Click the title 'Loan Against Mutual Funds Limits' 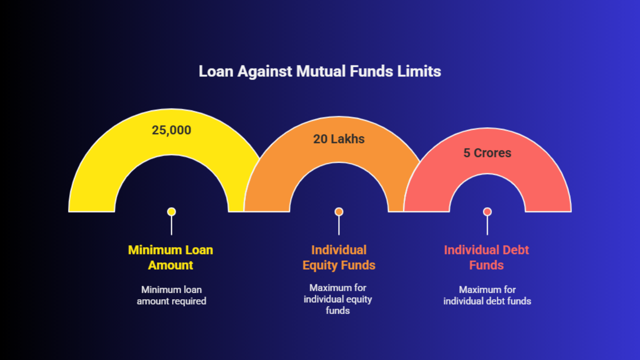click(320, 72)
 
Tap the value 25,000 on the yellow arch click(172, 130)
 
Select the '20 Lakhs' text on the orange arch click(339, 139)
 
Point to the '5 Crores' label click(487, 153)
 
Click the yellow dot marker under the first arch click(172, 212)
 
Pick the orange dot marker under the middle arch click(339, 212)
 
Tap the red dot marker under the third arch click(488, 212)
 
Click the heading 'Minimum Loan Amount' click(170, 258)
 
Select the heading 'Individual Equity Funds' click(339, 258)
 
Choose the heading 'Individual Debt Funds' click(486, 258)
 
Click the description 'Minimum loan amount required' click(172, 296)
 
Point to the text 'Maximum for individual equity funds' click(338, 299)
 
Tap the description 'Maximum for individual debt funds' click(487, 296)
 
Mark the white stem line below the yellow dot click(172, 226)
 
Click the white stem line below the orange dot click(339, 226)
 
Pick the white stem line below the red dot click(488, 226)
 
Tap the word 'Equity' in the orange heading click(320, 266)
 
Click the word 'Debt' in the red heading click(516, 250)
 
